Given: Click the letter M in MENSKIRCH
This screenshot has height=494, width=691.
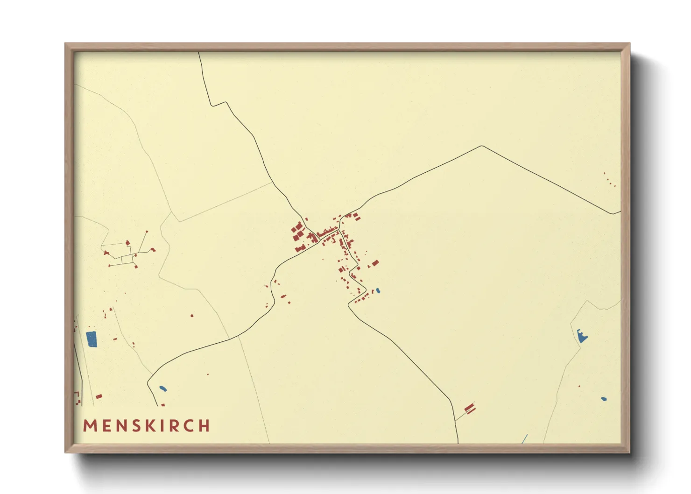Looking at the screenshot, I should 90,426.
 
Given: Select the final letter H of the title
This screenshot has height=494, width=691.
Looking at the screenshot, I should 204,426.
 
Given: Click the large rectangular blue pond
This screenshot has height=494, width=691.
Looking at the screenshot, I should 92,339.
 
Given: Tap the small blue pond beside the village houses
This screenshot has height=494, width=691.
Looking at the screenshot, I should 378,290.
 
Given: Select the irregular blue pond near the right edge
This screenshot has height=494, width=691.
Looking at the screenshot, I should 582,336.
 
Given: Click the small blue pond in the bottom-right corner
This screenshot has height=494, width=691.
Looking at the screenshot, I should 604,399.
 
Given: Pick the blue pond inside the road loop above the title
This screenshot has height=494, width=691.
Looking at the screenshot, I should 162,388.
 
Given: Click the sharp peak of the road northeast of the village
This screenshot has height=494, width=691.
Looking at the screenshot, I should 482,146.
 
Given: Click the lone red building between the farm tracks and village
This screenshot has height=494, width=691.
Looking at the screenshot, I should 192,316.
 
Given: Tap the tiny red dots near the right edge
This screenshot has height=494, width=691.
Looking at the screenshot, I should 610,180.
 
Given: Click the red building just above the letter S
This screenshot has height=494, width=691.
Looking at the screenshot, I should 99,396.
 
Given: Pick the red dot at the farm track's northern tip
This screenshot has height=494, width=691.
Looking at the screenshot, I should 147,232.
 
